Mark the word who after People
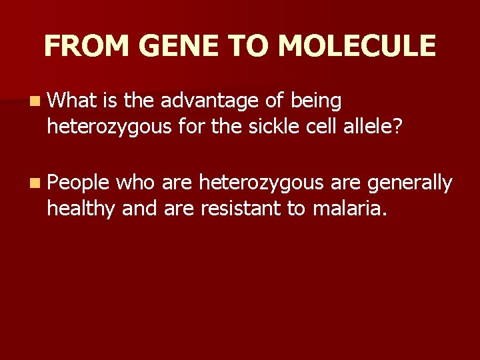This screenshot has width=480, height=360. click(x=135, y=183)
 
